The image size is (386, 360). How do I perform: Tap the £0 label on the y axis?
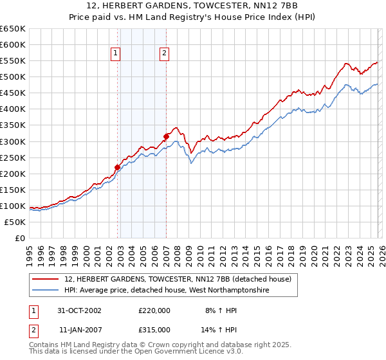[19, 238]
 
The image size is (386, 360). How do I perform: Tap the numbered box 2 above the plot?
[165, 54]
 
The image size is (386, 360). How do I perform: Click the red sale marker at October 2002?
[118, 167]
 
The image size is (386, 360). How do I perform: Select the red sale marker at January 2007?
[166, 136]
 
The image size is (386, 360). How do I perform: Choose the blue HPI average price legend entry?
[166, 291]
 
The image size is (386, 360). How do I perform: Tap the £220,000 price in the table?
[154, 310]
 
